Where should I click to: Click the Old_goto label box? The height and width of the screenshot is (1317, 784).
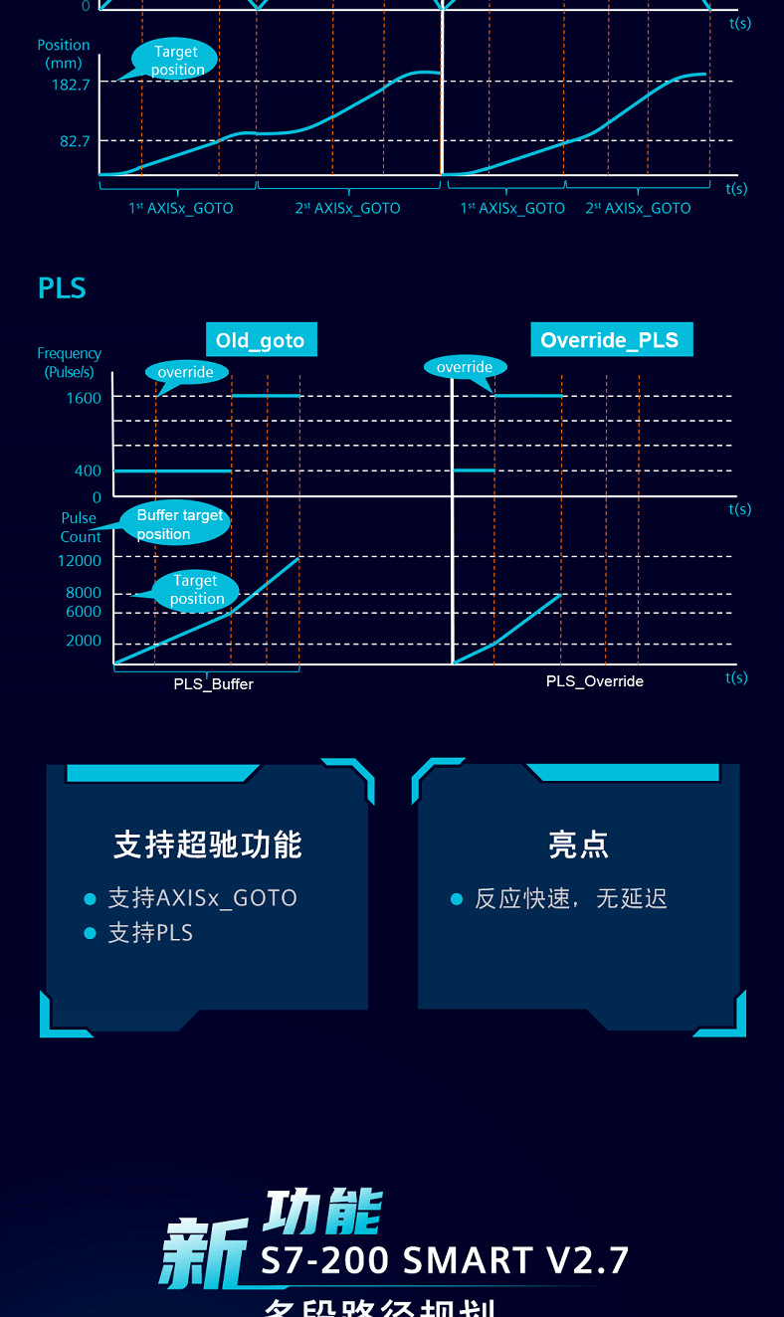(260, 340)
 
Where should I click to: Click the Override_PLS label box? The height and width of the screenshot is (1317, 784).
(609, 340)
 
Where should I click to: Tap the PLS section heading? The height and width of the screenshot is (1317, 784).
(62, 288)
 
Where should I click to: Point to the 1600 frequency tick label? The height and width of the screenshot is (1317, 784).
(84, 398)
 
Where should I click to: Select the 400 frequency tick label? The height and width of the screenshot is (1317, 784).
(88, 470)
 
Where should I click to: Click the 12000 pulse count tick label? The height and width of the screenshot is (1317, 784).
(79, 561)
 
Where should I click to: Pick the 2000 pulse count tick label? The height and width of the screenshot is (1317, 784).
(84, 641)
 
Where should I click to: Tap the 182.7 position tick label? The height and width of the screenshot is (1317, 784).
(71, 86)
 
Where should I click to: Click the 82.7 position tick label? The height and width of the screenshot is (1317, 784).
(75, 141)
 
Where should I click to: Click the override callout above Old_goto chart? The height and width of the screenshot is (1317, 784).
(186, 372)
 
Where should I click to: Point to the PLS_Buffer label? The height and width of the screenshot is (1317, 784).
(213, 684)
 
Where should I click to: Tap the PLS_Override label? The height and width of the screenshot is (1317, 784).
(595, 681)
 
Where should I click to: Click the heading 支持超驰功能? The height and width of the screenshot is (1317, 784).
(207, 846)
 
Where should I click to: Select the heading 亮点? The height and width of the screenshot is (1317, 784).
(578, 846)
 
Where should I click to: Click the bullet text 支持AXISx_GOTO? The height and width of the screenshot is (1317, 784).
(202, 898)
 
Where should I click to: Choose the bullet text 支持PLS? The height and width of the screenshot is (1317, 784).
(150, 933)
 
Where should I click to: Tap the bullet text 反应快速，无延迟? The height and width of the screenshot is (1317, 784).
(570, 899)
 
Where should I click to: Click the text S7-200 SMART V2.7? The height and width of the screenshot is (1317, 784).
(445, 1260)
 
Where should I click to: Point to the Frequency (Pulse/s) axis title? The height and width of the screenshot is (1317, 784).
(69, 362)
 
